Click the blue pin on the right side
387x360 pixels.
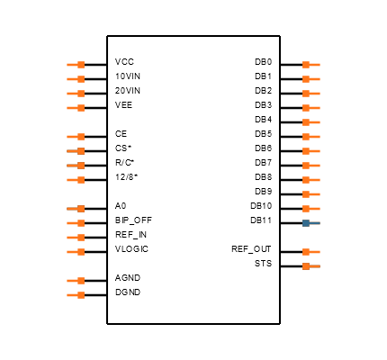[x=310, y=223]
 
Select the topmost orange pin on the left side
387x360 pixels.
[x=76, y=65]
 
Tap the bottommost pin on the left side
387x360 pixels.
[x=76, y=295]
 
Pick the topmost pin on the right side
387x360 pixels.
[x=310, y=65]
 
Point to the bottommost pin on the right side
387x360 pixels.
[x=310, y=266]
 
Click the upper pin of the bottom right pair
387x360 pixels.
[x=310, y=252]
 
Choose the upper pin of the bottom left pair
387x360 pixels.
[x=76, y=281]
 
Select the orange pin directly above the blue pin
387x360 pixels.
[x=310, y=209]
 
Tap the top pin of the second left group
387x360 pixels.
[x=76, y=137]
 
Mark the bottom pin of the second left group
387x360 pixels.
[x=76, y=180]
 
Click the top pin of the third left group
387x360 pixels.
[x=76, y=209]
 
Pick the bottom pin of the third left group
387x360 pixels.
[x=76, y=252]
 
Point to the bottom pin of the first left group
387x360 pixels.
[x=76, y=108]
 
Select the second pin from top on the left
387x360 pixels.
[x=76, y=79]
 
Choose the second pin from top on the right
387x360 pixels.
[x=310, y=79]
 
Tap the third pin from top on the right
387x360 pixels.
[x=310, y=94]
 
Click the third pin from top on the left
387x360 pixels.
[x=76, y=94]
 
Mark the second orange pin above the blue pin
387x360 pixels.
[x=310, y=194]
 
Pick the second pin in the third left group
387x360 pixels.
[x=76, y=223]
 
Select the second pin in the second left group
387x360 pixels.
[x=76, y=151]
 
